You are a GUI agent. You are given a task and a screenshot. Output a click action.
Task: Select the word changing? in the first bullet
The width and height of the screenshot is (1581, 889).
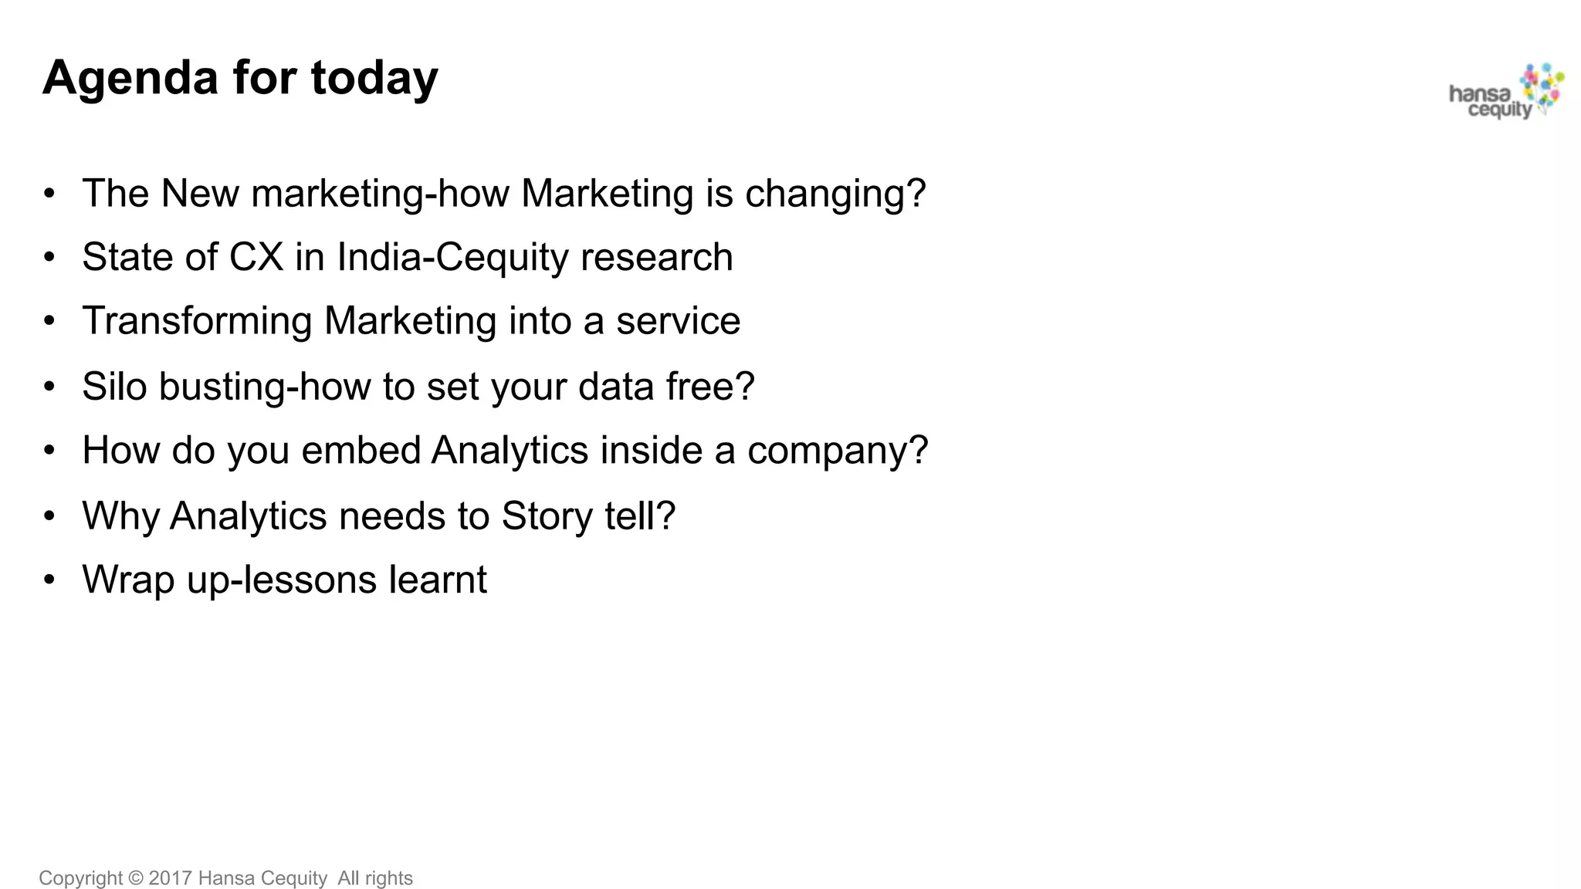pos(835,193)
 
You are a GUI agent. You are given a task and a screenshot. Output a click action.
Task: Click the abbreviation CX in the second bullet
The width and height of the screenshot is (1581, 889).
pos(256,257)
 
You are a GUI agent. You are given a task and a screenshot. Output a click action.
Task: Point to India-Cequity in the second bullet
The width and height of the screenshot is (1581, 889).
pos(452,257)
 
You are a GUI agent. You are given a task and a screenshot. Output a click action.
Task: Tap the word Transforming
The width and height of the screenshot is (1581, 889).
pos(197,321)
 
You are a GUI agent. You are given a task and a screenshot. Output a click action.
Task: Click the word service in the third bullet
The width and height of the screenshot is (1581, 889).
pos(678,321)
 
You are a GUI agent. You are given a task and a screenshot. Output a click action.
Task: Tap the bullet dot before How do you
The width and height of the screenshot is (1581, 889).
pos(49,451)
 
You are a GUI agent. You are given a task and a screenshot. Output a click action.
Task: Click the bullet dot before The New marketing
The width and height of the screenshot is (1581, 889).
pos(49,194)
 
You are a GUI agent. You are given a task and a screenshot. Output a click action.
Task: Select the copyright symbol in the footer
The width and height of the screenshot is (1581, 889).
pos(136,878)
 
